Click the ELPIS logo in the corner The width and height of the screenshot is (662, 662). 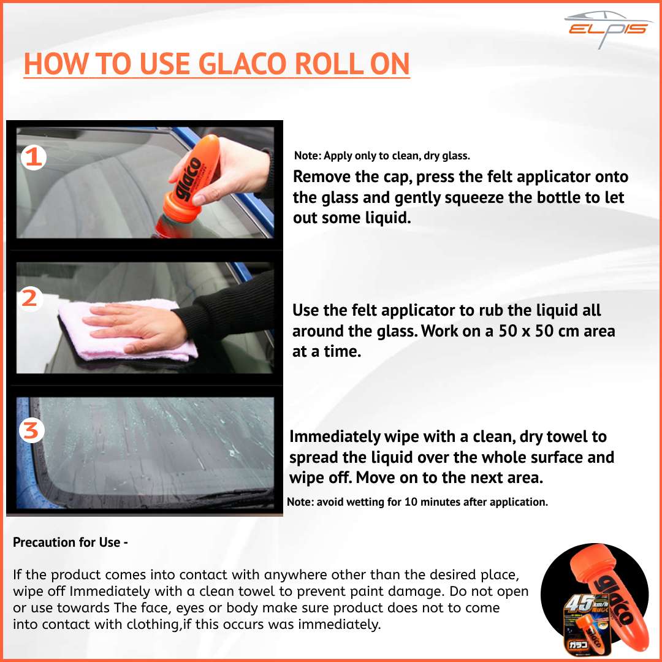pyautogui.click(x=608, y=29)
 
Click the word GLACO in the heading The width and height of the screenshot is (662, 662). pyautogui.click(x=242, y=64)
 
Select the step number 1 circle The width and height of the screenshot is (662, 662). pyautogui.click(x=33, y=158)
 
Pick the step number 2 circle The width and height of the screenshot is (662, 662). pyautogui.click(x=29, y=299)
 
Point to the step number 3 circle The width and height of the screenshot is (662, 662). pyautogui.click(x=32, y=430)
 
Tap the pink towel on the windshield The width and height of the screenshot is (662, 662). pyautogui.click(x=127, y=329)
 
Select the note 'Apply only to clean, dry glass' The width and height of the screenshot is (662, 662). pyautogui.click(x=382, y=156)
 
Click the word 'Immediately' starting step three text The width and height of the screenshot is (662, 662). pyautogui.click(x=335, y=437)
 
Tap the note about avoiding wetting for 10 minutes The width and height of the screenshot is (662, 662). pyautogui.click(x=417, y=502)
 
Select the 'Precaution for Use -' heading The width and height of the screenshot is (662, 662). pyautogui.click(x=70, y=542)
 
